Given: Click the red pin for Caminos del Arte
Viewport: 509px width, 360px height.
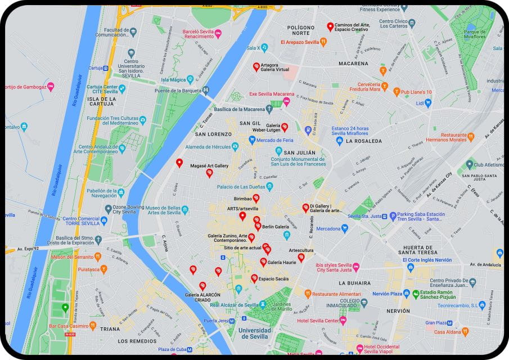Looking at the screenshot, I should click(330, 26).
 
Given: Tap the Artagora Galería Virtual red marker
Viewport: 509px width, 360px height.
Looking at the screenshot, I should click(256, 66).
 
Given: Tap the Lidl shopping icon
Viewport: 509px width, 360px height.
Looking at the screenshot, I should click(427, 103).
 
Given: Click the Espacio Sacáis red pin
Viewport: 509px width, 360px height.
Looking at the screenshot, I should click(254, 278).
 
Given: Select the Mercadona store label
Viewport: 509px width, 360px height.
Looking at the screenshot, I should click(328, 229).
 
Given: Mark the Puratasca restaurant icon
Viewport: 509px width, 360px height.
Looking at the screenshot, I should click(103, 269).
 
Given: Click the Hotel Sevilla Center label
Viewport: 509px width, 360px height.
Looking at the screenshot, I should click(318, 321).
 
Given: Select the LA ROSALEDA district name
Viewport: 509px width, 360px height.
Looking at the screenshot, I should click(364, 141).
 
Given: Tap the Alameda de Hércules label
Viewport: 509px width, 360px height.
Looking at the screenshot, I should click(205, 147).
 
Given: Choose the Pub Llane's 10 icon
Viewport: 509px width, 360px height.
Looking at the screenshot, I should click(396, 92).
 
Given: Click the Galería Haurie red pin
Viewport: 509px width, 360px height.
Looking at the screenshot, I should click(263, 262).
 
